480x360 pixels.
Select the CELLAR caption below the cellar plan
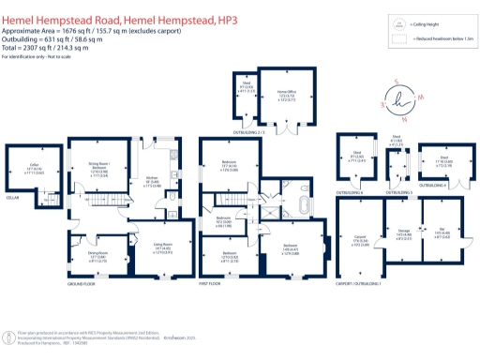tap(12, 197)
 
